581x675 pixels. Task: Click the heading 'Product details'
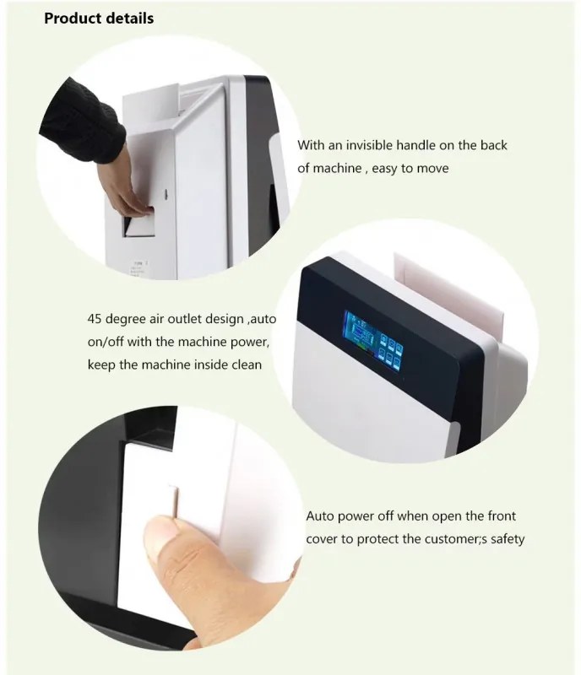pyautogui.click(x=99, y=18)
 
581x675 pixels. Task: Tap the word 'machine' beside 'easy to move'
pyautogui.click(x=337, y=168)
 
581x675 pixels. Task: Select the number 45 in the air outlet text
pyautogui.click(x=95, y=319)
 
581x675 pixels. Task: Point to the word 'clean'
pyautogui.click(x=247, y=364)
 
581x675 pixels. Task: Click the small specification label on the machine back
pyautogui.click(x=139, y=267)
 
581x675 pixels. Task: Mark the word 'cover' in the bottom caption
pyautogui.click(x=322, y=539)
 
